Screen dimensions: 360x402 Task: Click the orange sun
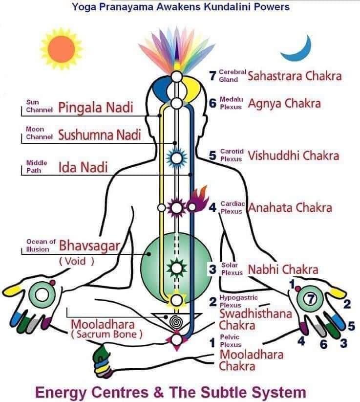(62, 49)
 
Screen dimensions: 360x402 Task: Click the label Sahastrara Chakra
(295, 76)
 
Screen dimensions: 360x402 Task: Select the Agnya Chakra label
(284, 104)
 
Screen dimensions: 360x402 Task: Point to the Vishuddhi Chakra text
(294, 156)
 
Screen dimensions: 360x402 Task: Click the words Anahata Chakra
(290, 208)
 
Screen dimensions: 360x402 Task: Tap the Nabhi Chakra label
(283, 269)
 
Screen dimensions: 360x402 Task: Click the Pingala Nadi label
(96, 108)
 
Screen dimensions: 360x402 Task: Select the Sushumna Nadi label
(100, 135)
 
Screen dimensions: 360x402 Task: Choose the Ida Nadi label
(83, 167)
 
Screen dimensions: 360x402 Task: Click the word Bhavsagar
(89, 246)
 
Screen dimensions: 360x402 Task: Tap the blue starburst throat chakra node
(176, 158)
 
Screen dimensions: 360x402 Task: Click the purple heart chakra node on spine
(176, 208)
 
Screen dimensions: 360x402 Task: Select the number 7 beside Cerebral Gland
(212, 75)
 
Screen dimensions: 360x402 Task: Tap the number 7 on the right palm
(310, 299)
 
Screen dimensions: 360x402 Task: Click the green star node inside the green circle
(176, 268)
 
